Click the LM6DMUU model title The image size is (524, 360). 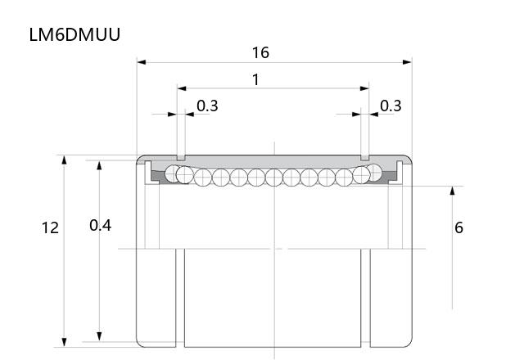coord(75,34)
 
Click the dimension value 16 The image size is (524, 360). coord(260,52)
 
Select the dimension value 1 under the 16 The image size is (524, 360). coord(255,80)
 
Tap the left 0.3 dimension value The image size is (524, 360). coord(207,106)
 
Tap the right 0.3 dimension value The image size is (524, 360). coord(391,106)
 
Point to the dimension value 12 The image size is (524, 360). coord(50,227)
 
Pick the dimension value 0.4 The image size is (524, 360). coord(100,226)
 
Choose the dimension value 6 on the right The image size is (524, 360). coord(458,227)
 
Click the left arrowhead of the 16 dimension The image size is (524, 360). coord(142,62)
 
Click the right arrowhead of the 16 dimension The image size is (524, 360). coord(407,62)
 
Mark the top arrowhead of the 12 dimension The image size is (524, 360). coord(64,160)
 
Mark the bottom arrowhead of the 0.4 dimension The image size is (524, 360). coord(99,336)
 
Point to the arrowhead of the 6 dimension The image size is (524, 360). coord(452,191)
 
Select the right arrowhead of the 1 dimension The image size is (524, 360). coord(364,88)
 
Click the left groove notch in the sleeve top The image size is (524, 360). coord(181,158)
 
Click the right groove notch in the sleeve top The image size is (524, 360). coord(365,158)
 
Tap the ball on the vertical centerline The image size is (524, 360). coord(274,178)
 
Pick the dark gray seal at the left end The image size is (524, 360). coord(156,177)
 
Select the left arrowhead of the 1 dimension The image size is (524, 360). coord(182,88)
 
